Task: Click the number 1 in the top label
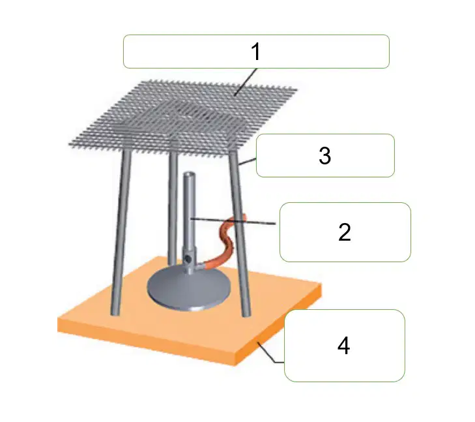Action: pyautogui.click(x=256, y=52)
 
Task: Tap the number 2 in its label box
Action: pyautogui.click(x=345, y=232)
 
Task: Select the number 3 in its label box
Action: pyautogui.click(x=324, y=155)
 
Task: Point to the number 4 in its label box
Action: pyautogui.click(x=343, y=346)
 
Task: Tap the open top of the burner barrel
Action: pyautogui.click(x=189, y=175)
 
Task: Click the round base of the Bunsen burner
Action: pyautogui.click(x=189, y=288)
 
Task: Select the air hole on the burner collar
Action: pyautogui.click(x=188, y=259)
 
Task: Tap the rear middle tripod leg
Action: pyautogui.click(x=173, y=209)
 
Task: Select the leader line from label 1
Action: pyautogui.click(x=246, y=82)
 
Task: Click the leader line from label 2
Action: pyautogui.click(x=233, y=221)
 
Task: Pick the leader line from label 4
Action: pyautogui.click(x=270, y=352)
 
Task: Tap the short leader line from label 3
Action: pyautogui.click(x=248, y=162)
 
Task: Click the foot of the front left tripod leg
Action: pyautogui.click(x=115, y=313)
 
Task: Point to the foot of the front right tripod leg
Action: pyautogui.click(x=247, y=314)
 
